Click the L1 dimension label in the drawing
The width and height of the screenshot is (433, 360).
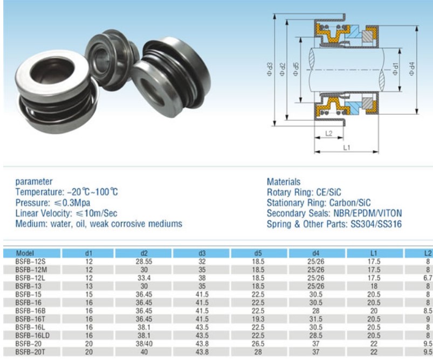coord(347,148)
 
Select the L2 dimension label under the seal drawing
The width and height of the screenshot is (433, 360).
coord(328,133)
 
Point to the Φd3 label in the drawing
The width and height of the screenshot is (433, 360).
coord(270,70)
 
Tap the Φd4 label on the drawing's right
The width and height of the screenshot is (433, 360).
coord(412,68)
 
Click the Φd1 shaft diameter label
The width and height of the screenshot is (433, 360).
coord(395,68)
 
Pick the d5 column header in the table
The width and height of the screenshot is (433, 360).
coord(258,253)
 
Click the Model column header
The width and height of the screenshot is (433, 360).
coord(25,253)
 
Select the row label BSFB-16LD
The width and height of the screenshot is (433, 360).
coord(32,335)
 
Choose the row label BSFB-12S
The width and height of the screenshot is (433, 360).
coord(30,261)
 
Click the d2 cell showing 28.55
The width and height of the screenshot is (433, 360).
coord(144,261)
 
